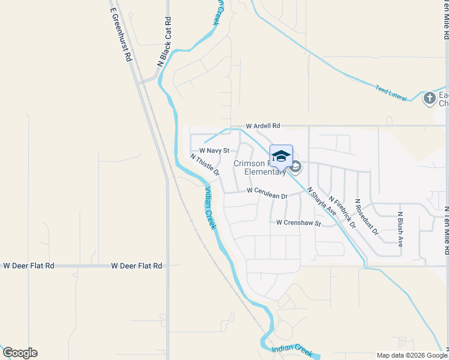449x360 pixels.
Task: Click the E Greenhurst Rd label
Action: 121,35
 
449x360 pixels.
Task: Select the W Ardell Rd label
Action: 263,127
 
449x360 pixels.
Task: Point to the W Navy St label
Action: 214,151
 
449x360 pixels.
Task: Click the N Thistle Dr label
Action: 205,165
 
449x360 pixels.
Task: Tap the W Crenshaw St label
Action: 299,223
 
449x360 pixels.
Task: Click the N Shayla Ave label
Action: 322,201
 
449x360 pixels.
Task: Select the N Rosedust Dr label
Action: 366,217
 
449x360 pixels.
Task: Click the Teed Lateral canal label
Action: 391,94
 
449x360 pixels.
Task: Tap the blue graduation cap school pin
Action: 281,156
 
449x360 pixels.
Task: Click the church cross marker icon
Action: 429,98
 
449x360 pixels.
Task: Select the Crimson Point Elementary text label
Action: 260,167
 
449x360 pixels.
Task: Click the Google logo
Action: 20,353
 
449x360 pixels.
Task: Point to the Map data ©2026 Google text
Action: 412,355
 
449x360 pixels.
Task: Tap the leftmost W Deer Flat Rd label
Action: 29,265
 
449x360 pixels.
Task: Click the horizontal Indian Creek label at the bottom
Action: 292,349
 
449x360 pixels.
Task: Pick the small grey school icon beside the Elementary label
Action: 296,166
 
